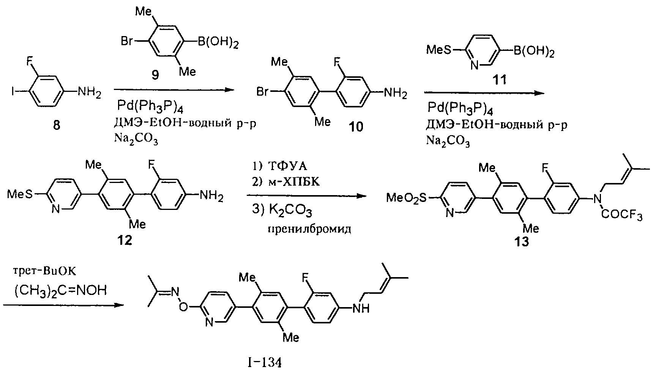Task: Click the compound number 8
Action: pos(56,125)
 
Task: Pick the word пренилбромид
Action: pos(309,230)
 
